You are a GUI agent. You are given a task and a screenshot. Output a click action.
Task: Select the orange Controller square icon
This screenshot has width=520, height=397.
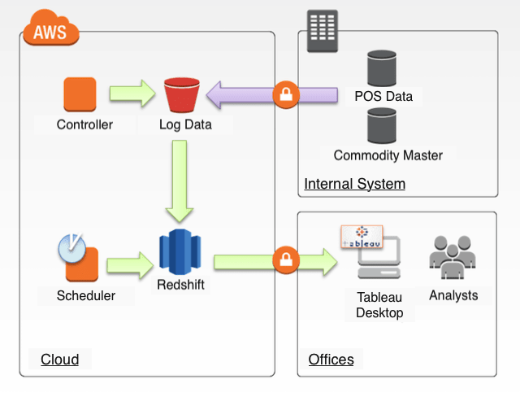click(x=80, y=94)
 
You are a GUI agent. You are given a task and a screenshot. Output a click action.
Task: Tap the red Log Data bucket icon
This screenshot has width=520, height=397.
click(x=182, y=95)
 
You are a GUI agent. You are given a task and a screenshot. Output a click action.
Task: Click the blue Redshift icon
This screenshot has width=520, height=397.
click(x=180, y=251)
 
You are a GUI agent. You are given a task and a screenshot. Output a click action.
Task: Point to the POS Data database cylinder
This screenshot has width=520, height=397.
click(x=382, y=68)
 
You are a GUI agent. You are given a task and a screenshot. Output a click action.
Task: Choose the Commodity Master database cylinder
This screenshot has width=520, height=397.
click(x=382, y=125)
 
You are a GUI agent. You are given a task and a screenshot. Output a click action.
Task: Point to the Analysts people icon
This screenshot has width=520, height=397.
click(x=452, y=259)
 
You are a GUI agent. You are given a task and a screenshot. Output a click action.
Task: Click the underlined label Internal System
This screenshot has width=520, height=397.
click(x=354, y=184)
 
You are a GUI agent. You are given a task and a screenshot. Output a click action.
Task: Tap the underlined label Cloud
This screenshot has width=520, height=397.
click(x=60, y=360)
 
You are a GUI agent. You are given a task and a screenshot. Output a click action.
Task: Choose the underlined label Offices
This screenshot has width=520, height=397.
click(x=331, y=360)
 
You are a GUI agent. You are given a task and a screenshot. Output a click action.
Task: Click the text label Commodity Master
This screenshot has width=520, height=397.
click(x=388, y=155)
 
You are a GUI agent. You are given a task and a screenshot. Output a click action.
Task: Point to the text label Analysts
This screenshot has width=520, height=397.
click(x=453, y=295)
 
